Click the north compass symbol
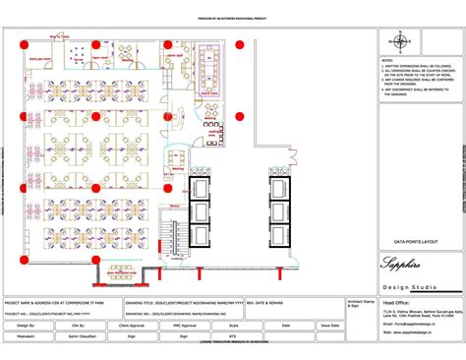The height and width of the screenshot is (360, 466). [399, 41]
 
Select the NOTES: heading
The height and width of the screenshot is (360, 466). [386, 60]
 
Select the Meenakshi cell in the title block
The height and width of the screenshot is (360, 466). [23, 334]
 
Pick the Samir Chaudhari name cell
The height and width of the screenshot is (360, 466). [68, 334]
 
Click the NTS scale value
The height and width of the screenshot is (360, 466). [232, 334]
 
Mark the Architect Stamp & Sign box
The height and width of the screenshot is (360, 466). [360, 305]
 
